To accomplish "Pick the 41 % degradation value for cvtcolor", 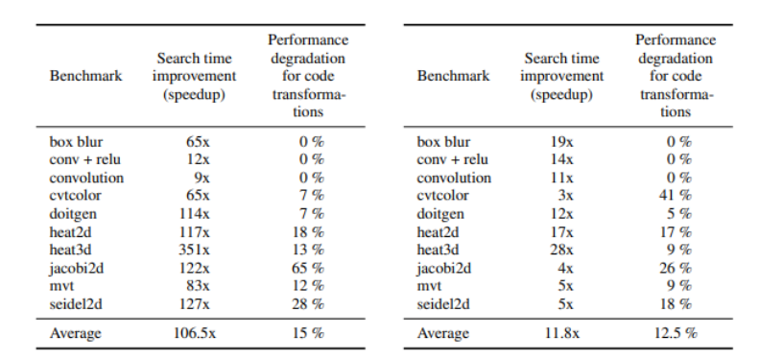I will [x=676, y=195].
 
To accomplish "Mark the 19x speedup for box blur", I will [x=562, y=141].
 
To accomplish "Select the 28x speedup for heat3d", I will [x=562, y=250].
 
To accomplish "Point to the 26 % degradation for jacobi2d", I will [x=676, y=268].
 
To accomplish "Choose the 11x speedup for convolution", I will [x=562, y=178].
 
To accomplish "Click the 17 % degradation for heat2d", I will [x=676, y=231].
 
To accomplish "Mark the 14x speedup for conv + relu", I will [x=562, y=159].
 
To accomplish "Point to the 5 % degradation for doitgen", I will [x=678, y=213].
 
